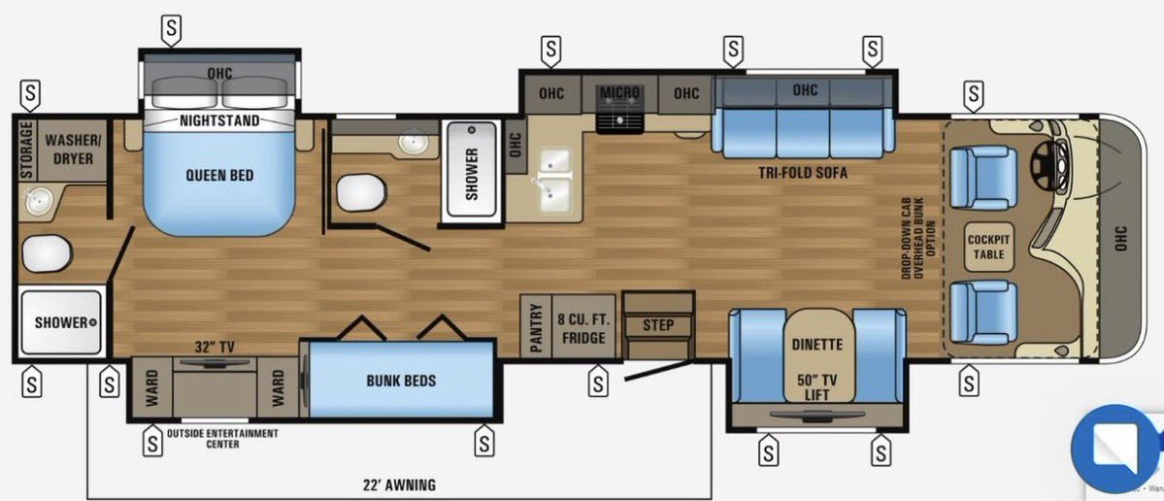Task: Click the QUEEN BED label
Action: pyautogui.click(x=219, y=176)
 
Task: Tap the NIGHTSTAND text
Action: pyautogui.click(x=219, y=121)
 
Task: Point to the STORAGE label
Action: pyautogui.click(x=27, y=150)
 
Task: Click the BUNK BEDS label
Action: pyautogui.click(x=401, y=381)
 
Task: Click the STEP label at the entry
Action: pyautogui.click(x=657, y=325)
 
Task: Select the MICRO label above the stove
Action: pyautogui.click(x=619, y=93)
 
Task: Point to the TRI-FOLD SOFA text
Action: pyautogui.click(x=803, y=173)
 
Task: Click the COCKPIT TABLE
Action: pyautogui.click(x=989, y=248)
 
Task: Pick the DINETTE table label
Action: pyautogui.click(x=816, y=345)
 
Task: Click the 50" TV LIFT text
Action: pyautogui.click(x=816, y=387)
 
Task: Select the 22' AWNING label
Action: pyautogui.click(x=399, y=486)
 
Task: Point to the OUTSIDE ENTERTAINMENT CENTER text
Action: pyautogui.click(x=222, y=439)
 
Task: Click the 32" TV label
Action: pyautogui.click(x=215, y=347)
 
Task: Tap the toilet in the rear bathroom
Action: pyautogui.click(x=46, y=253)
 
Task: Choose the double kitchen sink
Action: pyautogui.click(x=554, y=181)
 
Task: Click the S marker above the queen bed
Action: pyautogui.click(x=172, y=30)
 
